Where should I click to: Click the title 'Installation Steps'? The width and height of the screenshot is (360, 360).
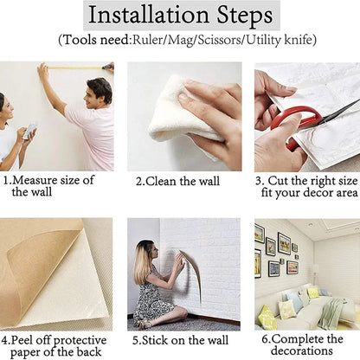[181, 16]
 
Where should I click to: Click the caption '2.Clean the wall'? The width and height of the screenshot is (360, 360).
[177, 181]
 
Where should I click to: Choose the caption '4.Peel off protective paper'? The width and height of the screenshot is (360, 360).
[54, 339]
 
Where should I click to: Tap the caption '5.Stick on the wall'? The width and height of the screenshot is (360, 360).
[179, 339]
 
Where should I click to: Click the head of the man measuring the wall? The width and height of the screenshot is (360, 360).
[100, 90]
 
